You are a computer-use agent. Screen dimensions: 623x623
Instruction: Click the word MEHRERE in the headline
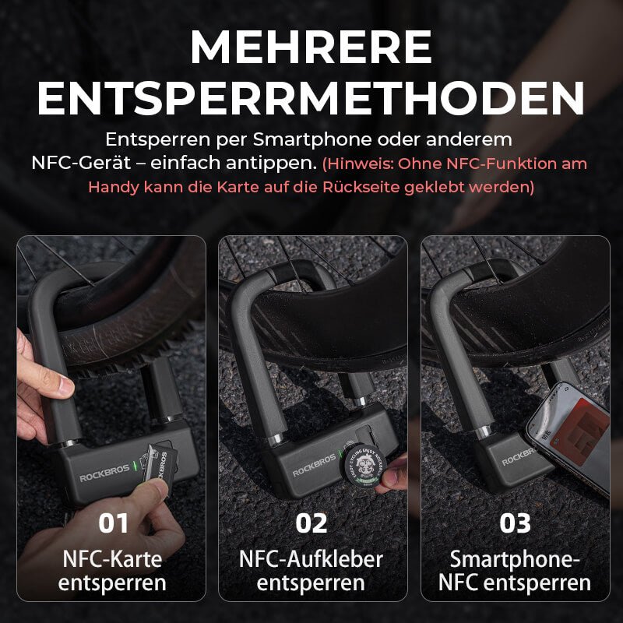click(311, 48)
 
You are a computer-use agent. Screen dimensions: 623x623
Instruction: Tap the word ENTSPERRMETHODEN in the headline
click(311, 98)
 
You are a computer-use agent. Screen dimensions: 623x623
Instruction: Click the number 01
click(113, 523)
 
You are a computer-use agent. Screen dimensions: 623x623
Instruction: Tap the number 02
click(311, 523)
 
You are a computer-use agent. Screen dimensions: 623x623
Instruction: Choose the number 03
click(514, 523)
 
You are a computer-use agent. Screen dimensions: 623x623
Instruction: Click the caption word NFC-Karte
click(111, 558)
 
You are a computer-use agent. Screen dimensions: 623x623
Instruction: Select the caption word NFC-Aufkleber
click(311, 558)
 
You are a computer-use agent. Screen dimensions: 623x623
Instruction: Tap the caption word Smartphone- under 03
click(514, 558)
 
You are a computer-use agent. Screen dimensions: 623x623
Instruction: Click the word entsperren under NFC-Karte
click(111, 583)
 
